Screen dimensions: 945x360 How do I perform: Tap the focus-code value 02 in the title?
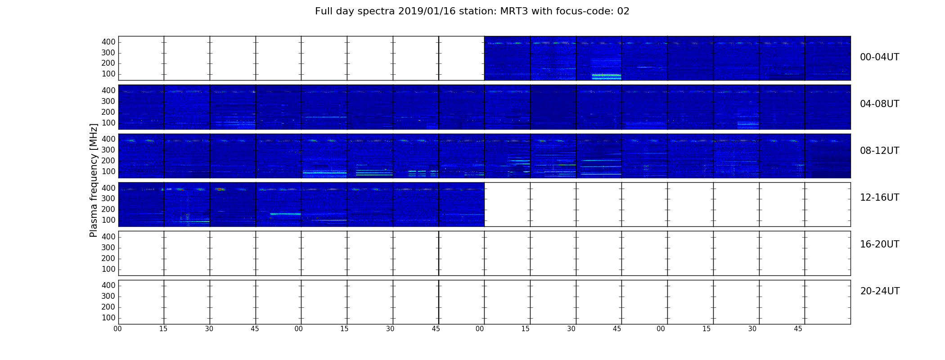[623, 11]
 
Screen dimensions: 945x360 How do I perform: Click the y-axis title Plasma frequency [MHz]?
[94, 180]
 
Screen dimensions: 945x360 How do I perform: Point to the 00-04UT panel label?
[880, 57]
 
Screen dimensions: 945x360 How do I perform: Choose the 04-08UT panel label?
[880, 104]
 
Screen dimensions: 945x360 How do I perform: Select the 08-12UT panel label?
[880, 151]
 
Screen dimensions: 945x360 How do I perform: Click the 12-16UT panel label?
[880, 198]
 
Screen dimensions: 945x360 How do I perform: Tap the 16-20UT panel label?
[880, 244]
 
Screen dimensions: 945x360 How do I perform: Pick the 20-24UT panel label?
[880, 291]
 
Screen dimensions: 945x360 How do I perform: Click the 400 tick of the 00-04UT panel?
[108, 42]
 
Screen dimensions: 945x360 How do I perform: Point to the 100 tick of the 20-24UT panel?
[108, 318]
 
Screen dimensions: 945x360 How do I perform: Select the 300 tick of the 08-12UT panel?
[108, 150]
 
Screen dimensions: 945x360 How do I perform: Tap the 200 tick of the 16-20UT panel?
[108, 258]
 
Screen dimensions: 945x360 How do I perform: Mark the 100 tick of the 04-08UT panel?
[108, 123]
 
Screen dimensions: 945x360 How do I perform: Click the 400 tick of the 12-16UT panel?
[108, 188]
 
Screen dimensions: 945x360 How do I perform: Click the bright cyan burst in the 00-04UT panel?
[606, 76]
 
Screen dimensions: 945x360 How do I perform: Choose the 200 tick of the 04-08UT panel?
[108, 112]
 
